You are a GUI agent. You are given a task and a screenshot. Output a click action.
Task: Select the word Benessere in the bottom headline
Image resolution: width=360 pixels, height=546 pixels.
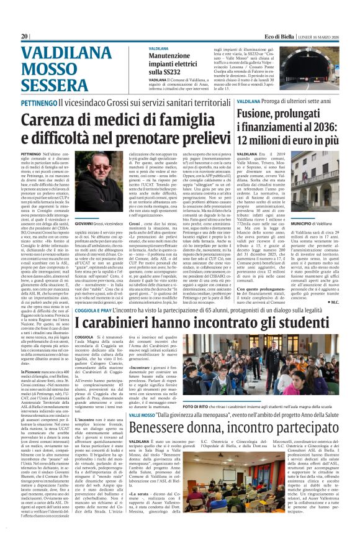pyautogui.click(x=163, y=411)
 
